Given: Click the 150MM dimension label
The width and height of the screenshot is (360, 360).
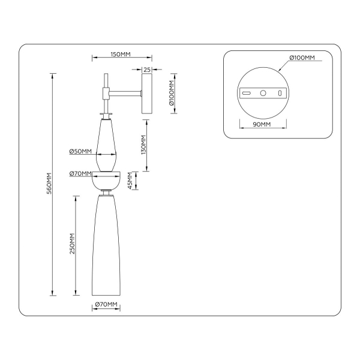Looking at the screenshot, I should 121,55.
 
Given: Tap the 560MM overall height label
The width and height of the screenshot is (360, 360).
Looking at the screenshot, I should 50,184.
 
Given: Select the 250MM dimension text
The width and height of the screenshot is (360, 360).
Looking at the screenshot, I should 72,244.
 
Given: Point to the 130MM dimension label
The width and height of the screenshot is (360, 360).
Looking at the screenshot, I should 143,146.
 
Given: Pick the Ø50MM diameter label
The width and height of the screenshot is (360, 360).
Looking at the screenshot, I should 80,151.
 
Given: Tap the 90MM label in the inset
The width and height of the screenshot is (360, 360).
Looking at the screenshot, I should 262,124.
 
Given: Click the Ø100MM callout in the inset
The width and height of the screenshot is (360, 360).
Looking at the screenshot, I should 302,58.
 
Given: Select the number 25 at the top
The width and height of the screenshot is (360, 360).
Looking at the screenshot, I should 147,70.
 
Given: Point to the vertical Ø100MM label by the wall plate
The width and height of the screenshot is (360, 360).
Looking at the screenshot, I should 172,93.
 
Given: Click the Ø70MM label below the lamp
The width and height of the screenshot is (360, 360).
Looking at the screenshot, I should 106,305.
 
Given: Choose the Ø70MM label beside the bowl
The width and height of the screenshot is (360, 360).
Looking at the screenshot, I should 80,174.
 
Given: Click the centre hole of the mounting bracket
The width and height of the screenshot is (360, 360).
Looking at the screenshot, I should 262,94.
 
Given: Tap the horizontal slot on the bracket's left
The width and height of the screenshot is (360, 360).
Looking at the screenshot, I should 246,94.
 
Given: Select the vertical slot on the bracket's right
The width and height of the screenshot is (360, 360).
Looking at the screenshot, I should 279,94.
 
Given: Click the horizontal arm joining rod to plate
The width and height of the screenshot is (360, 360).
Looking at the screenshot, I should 124,92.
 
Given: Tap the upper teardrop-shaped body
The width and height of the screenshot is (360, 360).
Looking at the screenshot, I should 106,141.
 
